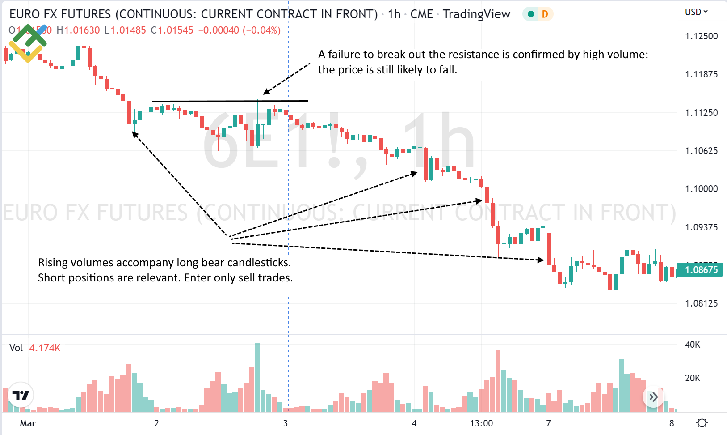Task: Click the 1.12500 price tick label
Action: point(701,36)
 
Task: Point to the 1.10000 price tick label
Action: point(701,189)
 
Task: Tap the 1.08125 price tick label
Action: point(701,303)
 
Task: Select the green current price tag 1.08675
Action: point(700,270)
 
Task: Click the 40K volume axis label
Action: point(692,345)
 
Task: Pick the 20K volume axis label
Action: point(692,378)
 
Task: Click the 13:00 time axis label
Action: point(481,423)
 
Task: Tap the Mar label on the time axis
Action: point(28,423)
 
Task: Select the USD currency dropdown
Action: point(696,12)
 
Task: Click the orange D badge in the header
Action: point(545,14)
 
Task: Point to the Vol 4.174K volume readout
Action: point(35,348)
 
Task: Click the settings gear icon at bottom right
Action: point(702,423)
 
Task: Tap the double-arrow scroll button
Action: point(653,397)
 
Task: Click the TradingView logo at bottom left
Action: point(21,395)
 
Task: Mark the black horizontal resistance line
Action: point(230,101)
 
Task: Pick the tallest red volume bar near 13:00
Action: point(498,380)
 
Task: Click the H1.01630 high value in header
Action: point(78,30)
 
